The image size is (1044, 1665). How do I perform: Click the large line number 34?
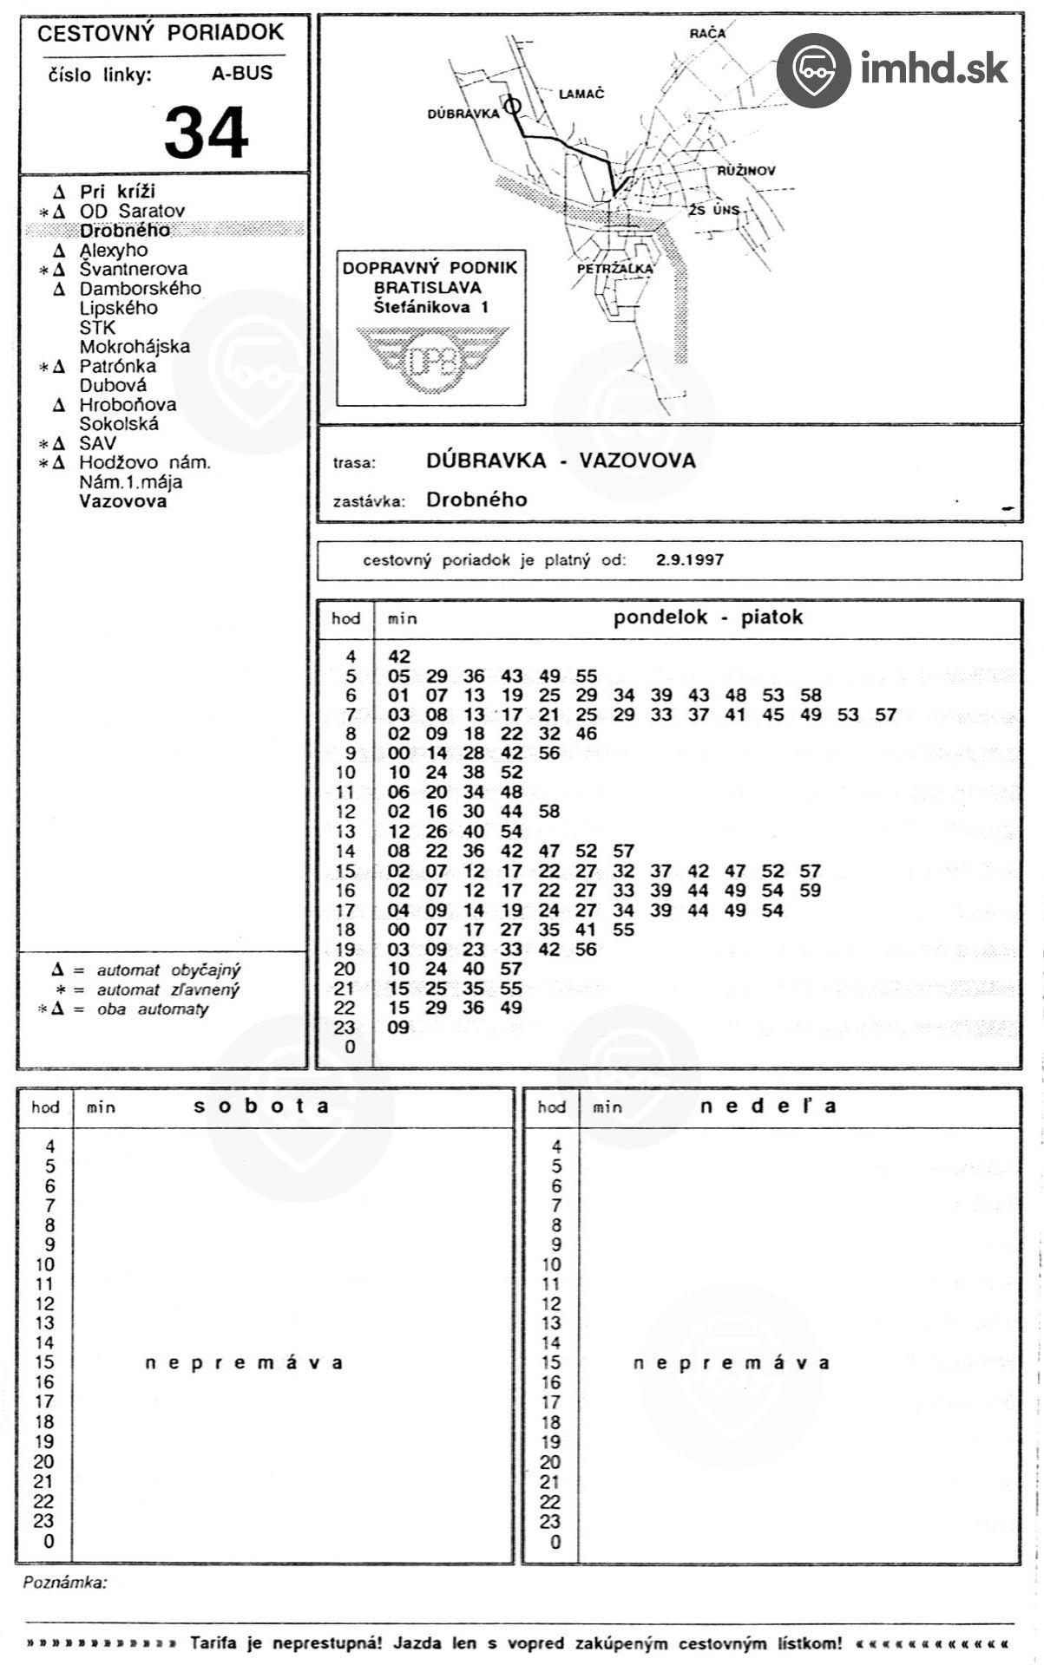[206, 133]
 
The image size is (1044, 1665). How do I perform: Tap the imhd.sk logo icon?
[812, 70]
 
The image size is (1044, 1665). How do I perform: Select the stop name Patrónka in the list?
[117, 366]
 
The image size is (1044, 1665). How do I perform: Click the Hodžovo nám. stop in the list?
[144, 463]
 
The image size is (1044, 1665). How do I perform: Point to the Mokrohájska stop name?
[135, 347]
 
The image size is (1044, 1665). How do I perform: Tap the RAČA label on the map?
[706, 34]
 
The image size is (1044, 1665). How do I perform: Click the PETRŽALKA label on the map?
[614, 269]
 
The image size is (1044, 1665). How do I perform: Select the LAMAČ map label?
[581, 94]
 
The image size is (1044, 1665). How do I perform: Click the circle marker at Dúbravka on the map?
[513, 106]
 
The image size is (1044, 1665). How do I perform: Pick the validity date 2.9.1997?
[689, 560]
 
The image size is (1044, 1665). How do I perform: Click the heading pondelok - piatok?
[707, 617]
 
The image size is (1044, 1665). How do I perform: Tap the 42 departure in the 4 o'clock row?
[399, 657]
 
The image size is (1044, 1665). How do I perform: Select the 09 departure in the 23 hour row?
[398, 1028]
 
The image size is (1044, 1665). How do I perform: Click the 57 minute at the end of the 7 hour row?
[885, 715]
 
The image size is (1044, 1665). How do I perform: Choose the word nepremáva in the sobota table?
[244, 1362]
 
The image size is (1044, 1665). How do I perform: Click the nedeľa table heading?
[768, 1107]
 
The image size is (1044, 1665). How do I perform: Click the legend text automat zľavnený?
[167, 990]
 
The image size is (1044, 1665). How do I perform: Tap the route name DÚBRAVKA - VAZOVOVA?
[561, 460]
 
